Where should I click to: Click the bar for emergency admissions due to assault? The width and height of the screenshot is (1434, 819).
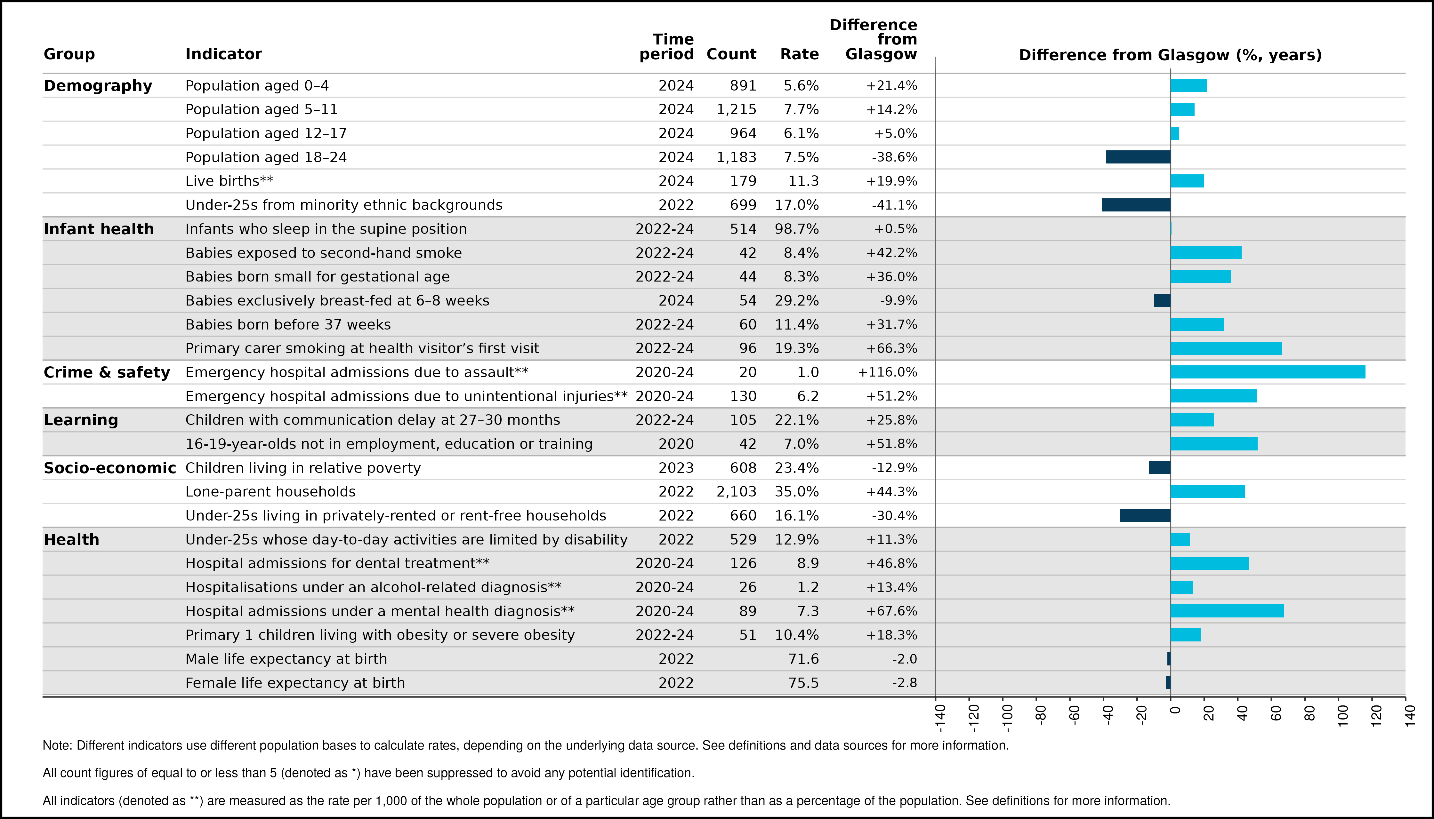click(1268, 372)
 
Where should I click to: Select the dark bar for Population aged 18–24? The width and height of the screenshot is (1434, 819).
click(1138, 157)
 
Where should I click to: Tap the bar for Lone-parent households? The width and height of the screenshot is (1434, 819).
click(1208, 492)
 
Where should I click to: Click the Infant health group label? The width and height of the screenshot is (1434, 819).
click(99, 229)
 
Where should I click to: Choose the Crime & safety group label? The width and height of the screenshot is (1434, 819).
click(106, 372)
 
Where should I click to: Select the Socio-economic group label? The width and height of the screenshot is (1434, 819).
click(110, 468)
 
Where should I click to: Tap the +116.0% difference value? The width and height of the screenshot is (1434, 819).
click(888, 372)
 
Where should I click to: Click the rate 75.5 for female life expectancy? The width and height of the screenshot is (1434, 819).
click(804, 683)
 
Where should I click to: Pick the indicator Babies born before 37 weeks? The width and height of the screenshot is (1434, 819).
click(288, 325)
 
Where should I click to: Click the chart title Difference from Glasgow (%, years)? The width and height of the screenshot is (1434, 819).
click(1171, 55)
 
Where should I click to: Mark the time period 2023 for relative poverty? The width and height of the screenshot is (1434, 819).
click(676, 468)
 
